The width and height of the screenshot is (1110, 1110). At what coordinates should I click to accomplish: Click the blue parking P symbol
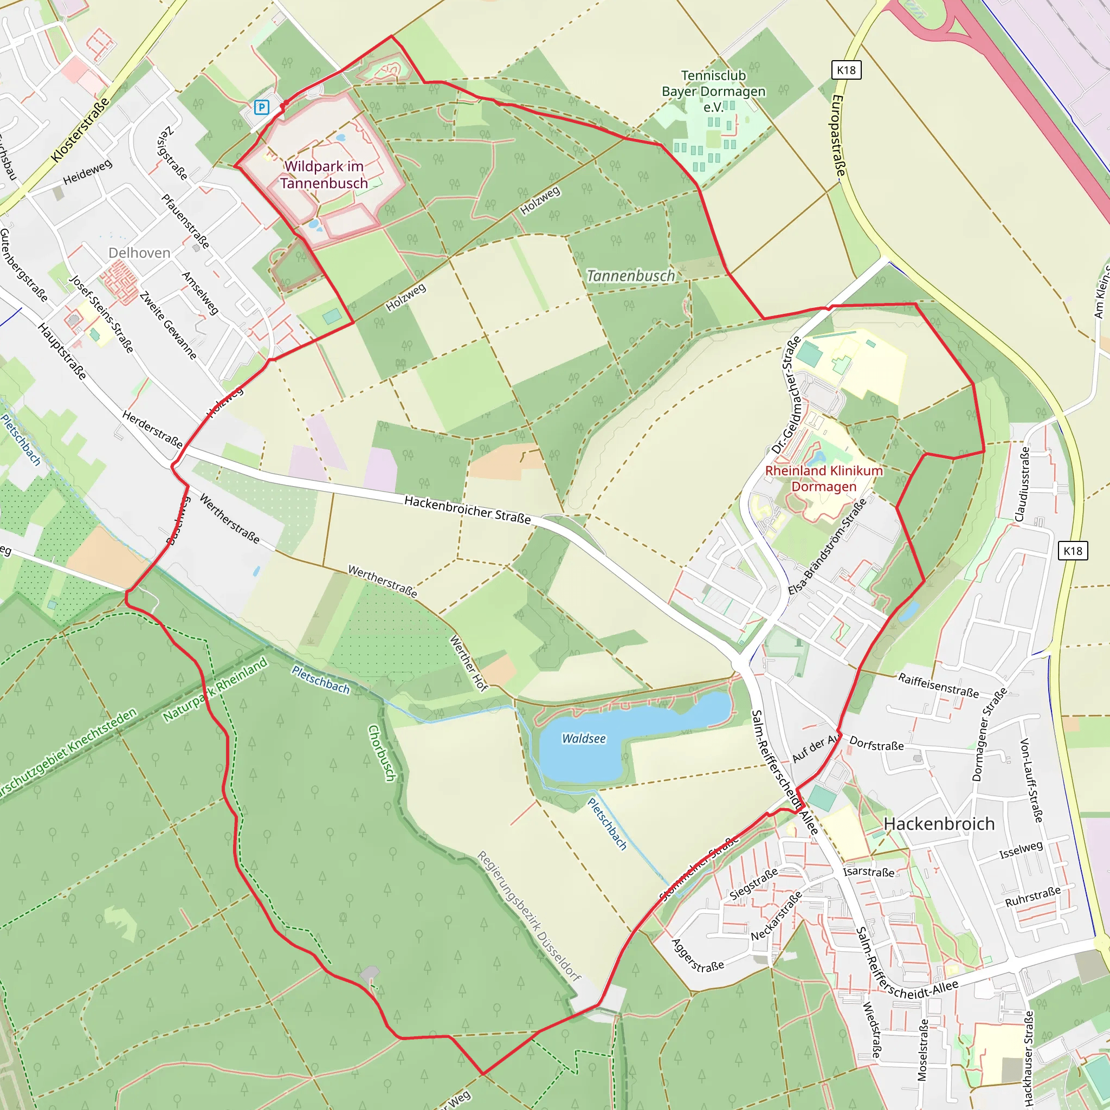[x=261, y=107]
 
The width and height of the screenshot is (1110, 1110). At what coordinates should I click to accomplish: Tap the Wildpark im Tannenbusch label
[x=324, y=175]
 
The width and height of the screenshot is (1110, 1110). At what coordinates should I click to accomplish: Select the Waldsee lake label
[x=584, y=739]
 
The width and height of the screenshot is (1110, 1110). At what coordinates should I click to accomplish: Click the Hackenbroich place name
[x=939, y=824]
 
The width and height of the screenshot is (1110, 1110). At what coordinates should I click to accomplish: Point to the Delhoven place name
[x=139, y=253]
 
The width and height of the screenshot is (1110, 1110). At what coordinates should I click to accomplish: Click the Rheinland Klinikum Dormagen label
[x=824, y=479]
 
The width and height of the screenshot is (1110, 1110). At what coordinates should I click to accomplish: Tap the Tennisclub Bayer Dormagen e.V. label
[x=714, y=92]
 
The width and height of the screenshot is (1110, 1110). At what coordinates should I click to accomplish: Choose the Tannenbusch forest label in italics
[x=631, y=276]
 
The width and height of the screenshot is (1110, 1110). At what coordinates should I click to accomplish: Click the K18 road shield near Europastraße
[x=846, y=70]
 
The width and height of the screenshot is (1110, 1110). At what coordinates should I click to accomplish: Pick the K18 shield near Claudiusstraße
[x=1073, y=551]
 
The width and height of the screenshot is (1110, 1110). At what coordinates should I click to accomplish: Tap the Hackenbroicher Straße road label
[x=468, y=509]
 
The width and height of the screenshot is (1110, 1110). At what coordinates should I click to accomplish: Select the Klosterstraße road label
[x=80, y=130]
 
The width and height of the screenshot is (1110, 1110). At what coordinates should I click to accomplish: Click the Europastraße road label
[x=839, y=135]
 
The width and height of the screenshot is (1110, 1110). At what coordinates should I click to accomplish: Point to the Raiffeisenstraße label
[x=938, y=686]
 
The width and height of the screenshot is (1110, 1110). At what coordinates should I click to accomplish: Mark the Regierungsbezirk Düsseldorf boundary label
[x=529, y=916]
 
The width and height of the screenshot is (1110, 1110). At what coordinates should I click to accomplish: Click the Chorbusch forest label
[x=382, y=753]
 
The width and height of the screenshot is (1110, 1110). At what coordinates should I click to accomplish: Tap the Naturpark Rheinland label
[x=215, y=689]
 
